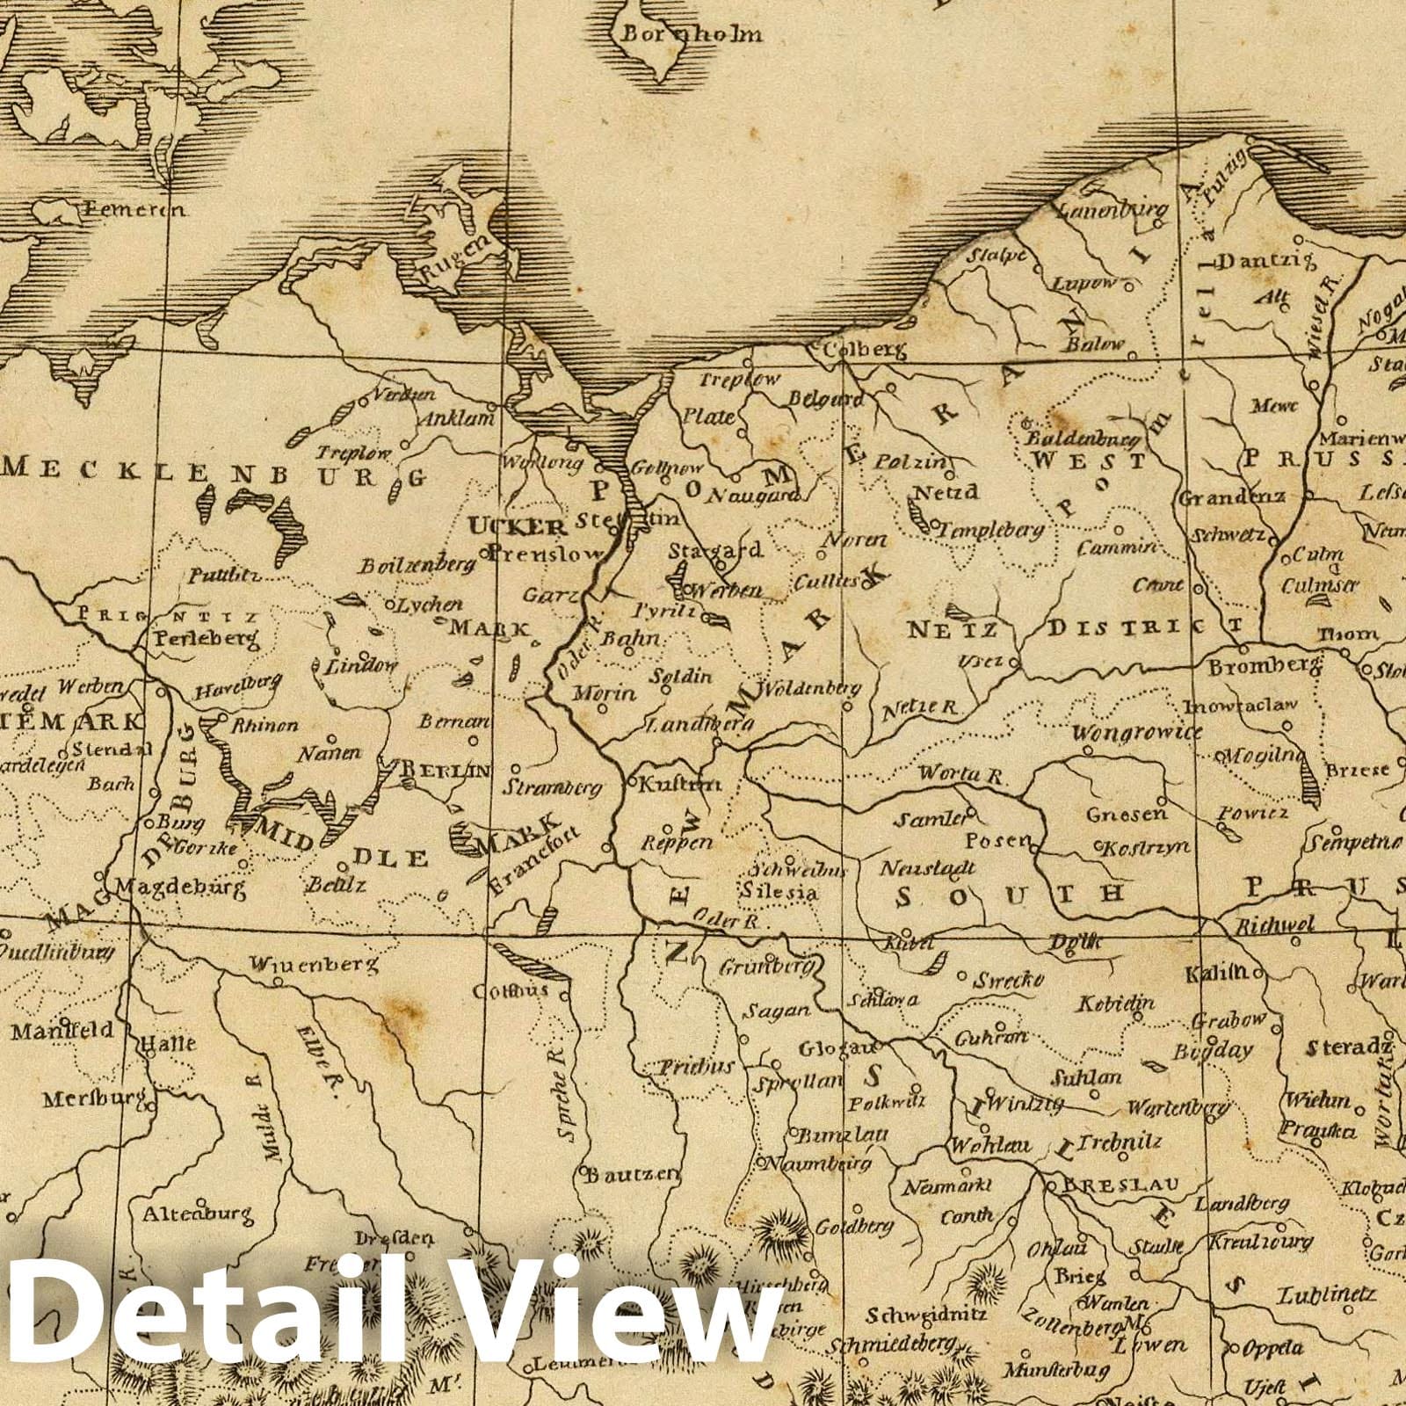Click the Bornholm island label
click(x=692, y=36)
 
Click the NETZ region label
click(x=952, y=629)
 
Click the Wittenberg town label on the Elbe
click(x=314, y=964)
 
